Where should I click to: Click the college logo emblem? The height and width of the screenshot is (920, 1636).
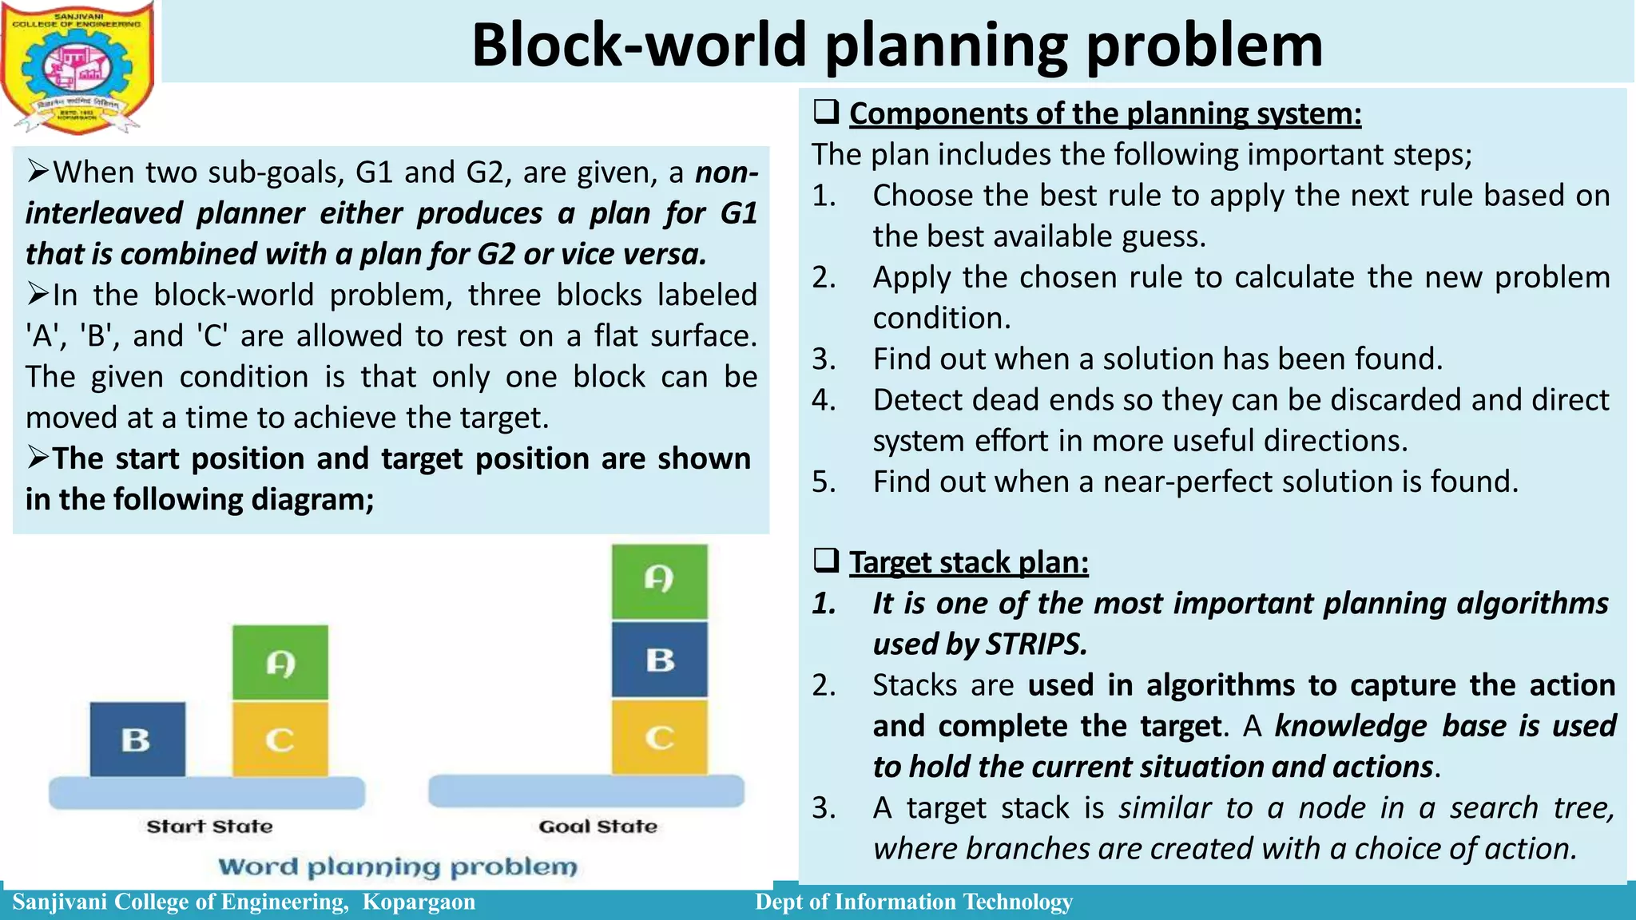78,67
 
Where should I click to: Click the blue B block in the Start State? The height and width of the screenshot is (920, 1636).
137,739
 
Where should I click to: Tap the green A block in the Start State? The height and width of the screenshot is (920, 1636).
280,662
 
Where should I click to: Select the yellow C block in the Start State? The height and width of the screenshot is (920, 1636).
280,739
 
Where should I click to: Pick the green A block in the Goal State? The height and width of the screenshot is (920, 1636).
660,581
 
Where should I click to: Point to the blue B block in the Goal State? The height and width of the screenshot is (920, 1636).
660,660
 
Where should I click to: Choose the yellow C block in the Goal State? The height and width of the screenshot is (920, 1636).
660,737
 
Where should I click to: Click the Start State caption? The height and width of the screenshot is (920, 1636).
209,827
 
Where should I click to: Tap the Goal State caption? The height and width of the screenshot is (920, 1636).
598,827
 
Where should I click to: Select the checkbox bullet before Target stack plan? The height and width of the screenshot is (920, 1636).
826,561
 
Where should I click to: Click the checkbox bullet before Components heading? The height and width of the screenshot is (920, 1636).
826,112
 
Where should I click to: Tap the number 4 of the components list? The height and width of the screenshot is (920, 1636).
823,399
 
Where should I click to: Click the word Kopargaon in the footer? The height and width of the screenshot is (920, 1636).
419,902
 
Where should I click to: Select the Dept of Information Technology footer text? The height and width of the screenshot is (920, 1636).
914,902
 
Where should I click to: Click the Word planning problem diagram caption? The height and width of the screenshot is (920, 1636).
398,866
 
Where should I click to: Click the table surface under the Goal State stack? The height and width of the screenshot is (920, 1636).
586,791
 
